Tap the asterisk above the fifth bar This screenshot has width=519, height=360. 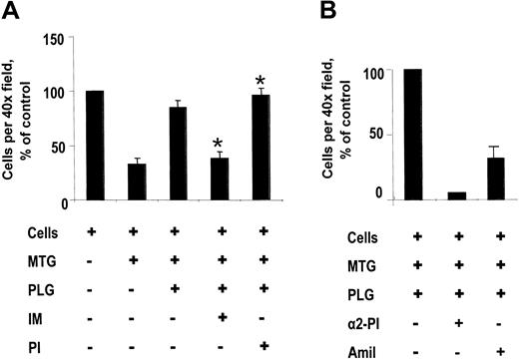coord(261,82)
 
